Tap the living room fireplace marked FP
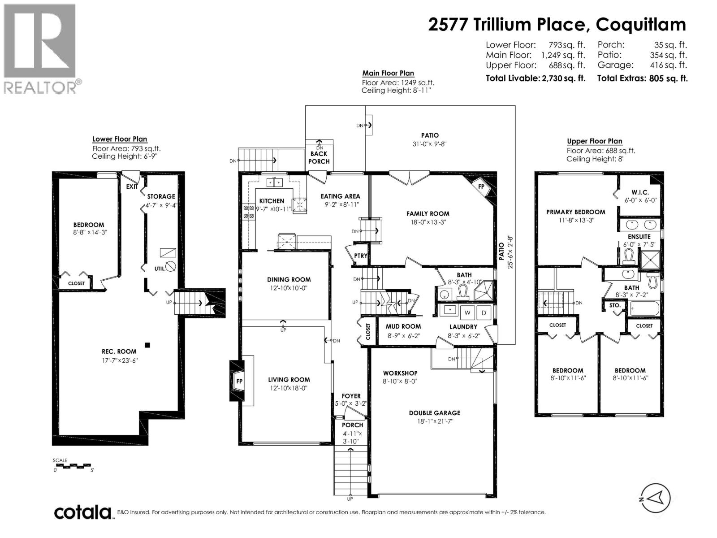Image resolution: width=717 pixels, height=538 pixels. [x=239, y=381]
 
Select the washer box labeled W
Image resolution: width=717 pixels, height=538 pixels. [x=467, y=312]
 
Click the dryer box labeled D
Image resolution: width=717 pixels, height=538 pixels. [x=484, y=312]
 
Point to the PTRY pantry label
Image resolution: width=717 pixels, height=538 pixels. [x=360, y=256]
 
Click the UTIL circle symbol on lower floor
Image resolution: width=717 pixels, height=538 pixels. [x=170, y=267]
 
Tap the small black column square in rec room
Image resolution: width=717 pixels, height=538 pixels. [x=147, y=345]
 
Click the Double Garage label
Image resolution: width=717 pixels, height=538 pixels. [x=434, y=413]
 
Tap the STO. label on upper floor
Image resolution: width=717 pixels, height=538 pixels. [x=615, y=305]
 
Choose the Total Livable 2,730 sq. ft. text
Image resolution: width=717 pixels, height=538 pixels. [x=536, y=78]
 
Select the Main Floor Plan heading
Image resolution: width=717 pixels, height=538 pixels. [x=388, y=73]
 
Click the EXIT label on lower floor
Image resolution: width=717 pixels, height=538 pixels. [x=132, y=187]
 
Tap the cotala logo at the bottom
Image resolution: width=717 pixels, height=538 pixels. [x=83, y=512]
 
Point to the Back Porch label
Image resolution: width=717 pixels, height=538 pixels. [x=319, y=157]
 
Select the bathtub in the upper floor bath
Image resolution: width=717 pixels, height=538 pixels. [x=644, y=308]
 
